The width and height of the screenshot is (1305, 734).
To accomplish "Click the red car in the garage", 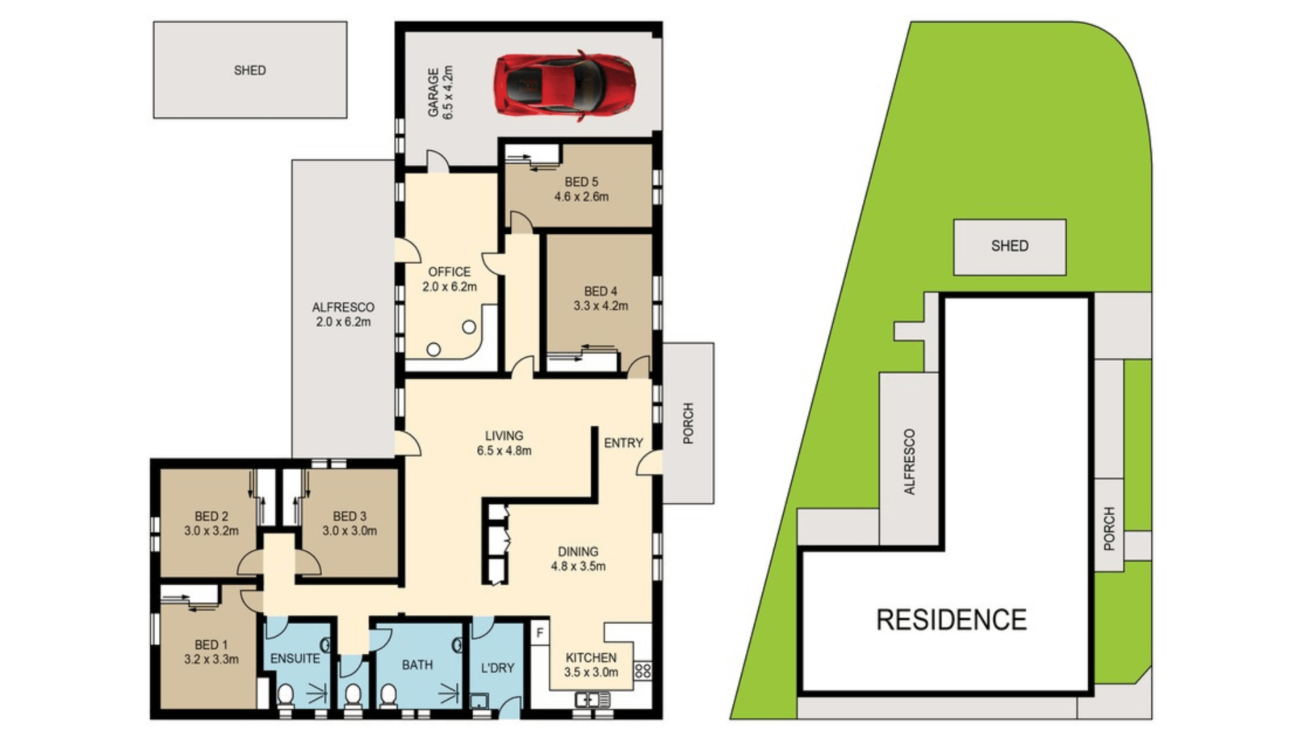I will (x=565, y=85).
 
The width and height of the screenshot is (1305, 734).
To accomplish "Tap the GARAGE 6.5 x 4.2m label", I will (x=440, y=92).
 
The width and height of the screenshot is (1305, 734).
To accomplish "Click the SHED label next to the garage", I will (x=249, y=70).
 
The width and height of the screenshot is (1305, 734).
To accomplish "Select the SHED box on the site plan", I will (x=1009, y=246).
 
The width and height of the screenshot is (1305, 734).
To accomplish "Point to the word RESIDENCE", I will (x=951, y=620).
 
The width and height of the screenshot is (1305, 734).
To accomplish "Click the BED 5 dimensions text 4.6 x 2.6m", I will (x=581, y=197).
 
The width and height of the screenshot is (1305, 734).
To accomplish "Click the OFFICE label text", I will (x=449, y=272).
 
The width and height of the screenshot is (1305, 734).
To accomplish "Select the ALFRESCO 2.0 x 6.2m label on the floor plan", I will (x=343, y=315).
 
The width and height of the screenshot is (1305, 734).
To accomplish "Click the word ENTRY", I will (x=623, y=443).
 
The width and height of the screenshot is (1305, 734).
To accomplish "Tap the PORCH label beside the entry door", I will (x=688, y=423).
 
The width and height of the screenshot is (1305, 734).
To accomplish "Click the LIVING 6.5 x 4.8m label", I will (x=504, y=442).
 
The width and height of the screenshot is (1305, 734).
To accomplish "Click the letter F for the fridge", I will (x=540, y=633).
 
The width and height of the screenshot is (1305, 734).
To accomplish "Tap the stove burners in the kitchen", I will (x=642, y=671).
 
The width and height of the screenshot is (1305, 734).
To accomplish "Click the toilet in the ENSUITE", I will (x=285, y=696).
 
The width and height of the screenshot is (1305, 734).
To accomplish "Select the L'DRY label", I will (x=498, y=668).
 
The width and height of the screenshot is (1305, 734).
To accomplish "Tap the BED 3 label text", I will (x=349, y=517).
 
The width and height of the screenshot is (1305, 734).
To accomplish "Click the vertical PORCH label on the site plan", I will (x=1109, y=528).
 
